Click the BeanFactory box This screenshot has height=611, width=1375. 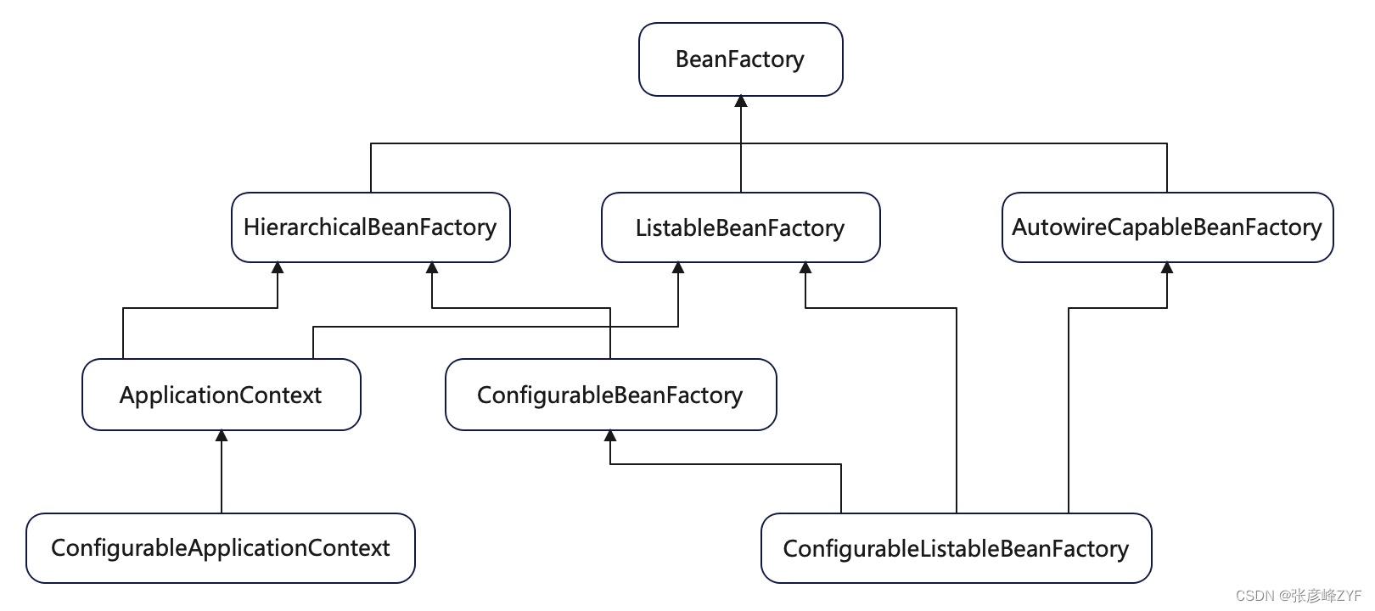tap(740, 59)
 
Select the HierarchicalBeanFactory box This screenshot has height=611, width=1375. tap(371, 227)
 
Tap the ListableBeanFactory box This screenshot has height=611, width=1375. tap(740, 227)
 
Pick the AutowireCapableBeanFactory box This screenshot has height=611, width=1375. tap(1168, 227)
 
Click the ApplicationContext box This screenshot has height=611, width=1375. tap(221, 395)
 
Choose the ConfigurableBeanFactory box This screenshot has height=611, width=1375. tap(611, 395)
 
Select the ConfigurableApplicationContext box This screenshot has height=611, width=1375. tap(221, 548)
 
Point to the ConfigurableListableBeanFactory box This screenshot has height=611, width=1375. tap(956, 548)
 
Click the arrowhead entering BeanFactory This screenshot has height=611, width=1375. tap(741, 101)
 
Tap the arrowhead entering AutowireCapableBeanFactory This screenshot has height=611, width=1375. tap(1167, 267)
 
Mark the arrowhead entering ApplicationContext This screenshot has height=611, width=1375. tap(222, 435)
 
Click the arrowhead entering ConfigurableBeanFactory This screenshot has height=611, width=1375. tap(610, 435)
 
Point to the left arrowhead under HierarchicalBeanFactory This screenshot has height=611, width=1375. tap(278, 267)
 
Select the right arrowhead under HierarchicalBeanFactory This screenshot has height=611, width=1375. tap(432, 267)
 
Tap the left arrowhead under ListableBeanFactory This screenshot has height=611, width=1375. tap(678, 267)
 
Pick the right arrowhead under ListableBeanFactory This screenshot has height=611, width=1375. tap(805, 267)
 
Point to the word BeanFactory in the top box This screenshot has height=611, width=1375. tap(739, 59)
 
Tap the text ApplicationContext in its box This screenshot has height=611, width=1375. tap(221, 395)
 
